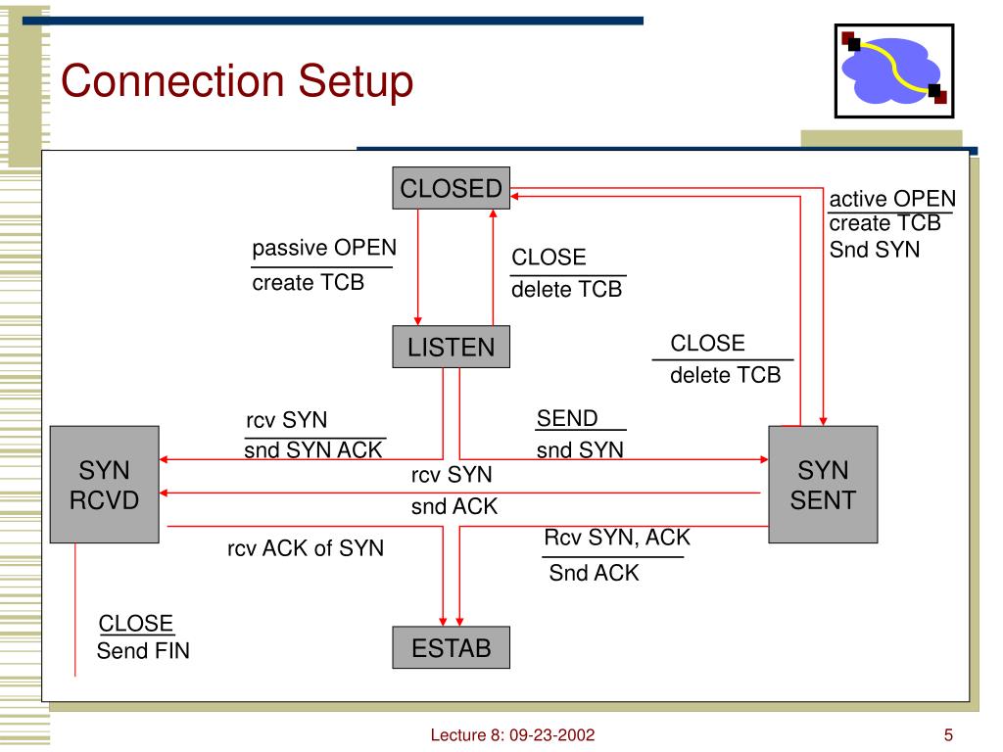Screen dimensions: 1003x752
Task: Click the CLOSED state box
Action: [x=451, y=188]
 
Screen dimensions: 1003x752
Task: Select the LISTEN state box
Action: [x=451, y=347]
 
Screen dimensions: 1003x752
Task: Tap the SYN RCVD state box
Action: [x=104, y=484]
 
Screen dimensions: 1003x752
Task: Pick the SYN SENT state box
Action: [x=823, y=484]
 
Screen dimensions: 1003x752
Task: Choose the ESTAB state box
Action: [x=451, y=647]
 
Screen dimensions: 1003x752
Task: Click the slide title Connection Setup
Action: [x=237, y=81]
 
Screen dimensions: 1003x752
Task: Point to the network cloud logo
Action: [x=894, y=70]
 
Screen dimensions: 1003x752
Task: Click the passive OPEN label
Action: [x=324, y=248]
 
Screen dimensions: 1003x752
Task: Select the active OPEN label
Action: [x=892, y=198]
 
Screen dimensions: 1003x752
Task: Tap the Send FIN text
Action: [x=143, y=650]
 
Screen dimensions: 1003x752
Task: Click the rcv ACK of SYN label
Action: [x=306, y=548]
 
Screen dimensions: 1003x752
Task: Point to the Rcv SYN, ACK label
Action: [x=617, y=538]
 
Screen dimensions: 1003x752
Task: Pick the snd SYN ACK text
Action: [x=312, y=449]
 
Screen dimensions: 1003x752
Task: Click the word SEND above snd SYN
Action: [x=567, y=418]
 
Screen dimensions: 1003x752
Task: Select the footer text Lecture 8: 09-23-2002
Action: [x=512, y=734]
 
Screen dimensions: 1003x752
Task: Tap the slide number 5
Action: [x=948, y=734]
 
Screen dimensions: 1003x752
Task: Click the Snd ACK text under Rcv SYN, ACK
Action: [x=594, y=572]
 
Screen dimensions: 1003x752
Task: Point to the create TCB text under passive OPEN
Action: [x=309, y=282]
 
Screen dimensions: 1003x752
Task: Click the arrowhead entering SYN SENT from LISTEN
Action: [x=764, y=459]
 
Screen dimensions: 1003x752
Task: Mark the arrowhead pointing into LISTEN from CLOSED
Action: [x=417, y=321]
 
